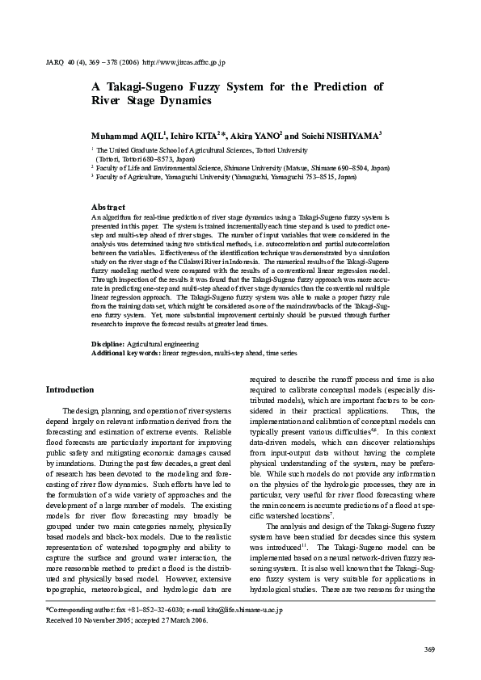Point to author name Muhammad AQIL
[x=128, y=134]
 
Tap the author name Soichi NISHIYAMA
[x=340, y=134]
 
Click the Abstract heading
[x=108, y=208]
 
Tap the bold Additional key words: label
[x=125, y=354]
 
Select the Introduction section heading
[x=70, y=390]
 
